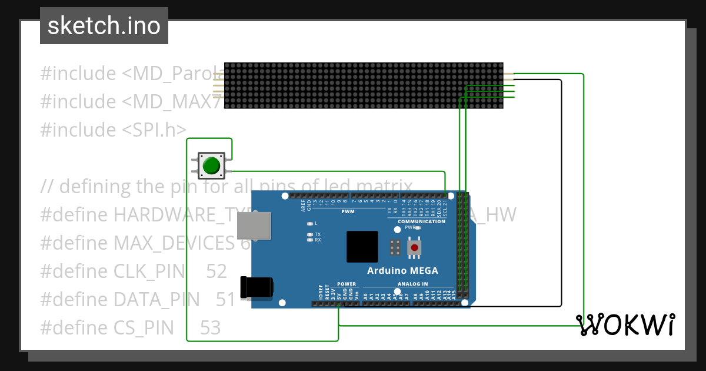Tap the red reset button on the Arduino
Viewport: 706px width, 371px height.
click(x=415, y=247)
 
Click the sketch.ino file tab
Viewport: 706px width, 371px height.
click(x=104, y=26)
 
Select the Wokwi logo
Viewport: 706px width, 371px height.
click(x=625, y=324)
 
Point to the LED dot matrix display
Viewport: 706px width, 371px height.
click(x=364, y=86)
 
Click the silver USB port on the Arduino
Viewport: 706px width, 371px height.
click(x=254, y=226)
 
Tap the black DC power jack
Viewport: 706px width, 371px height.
click(x=257, y=287)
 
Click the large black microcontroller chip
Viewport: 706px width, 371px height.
click(x=362, y=246)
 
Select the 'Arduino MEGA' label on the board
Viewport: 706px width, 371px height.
click(x=402, y=271)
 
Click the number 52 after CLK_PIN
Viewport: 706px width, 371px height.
click(x=217, y=271)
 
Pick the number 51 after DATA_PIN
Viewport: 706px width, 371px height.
click(x=225, y=300)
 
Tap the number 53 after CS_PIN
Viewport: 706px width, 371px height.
click(x=210, y=327)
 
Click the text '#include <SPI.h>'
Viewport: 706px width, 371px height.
click(x=113, y=130)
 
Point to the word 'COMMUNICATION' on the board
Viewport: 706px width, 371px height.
click(x=421, y=221)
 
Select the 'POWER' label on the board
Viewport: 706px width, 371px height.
click(x=347, y=284)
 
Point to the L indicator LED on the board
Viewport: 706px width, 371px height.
click(x=310, y=224)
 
